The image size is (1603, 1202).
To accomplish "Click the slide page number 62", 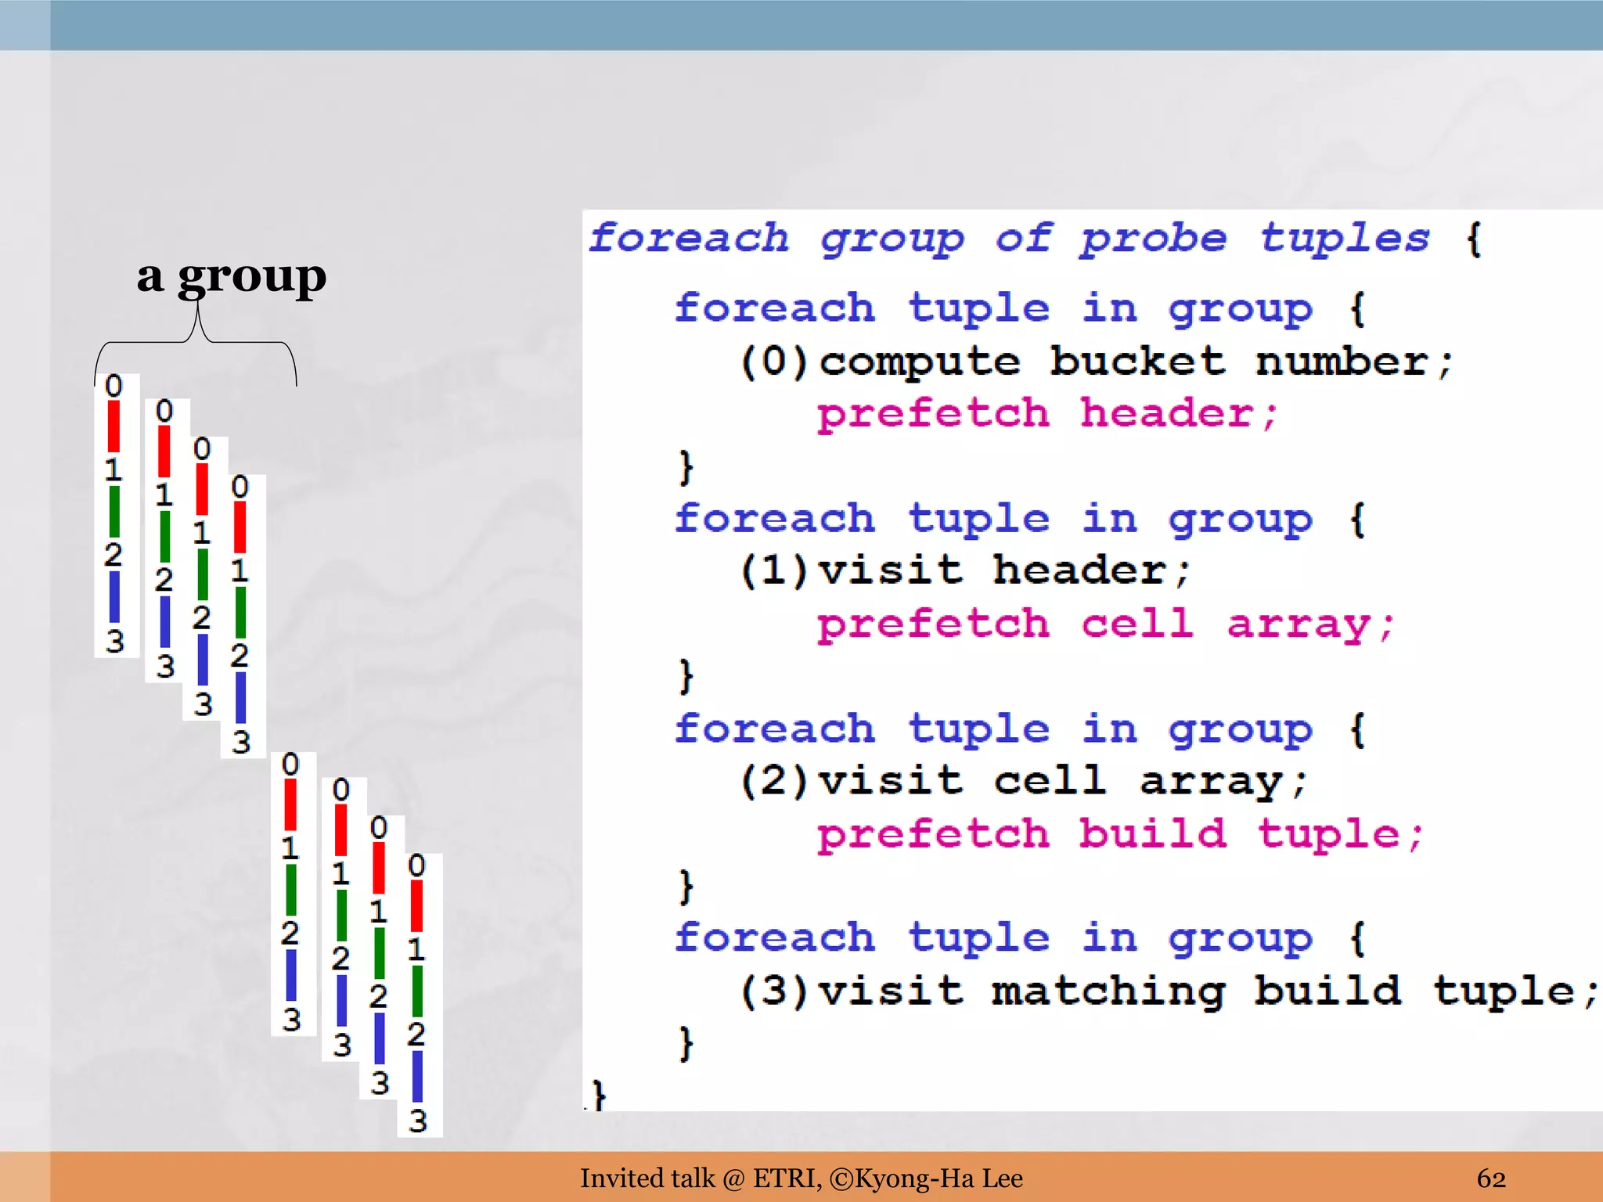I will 1491,1179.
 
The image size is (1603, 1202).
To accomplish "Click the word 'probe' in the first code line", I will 1153,239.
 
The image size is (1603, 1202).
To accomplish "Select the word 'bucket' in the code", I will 1137,362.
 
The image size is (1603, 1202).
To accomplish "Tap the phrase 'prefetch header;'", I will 1047,414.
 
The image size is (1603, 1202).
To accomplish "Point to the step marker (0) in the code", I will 773,362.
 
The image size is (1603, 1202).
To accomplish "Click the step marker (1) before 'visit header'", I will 773,570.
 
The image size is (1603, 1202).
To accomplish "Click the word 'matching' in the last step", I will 1108,991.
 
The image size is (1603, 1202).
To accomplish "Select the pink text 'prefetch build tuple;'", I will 1119,834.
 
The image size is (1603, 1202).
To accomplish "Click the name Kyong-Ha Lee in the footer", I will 938,1179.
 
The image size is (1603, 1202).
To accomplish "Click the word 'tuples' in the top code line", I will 1345,239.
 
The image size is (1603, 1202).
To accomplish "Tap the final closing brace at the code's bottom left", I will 599,1094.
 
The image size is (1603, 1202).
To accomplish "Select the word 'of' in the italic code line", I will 1023,239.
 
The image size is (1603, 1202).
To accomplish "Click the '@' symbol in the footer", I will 733,1179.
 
